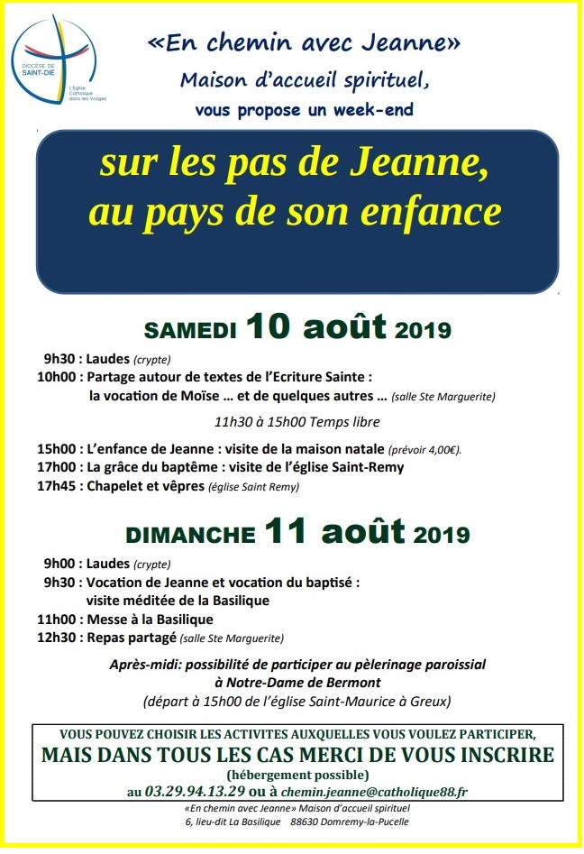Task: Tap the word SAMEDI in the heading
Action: [x=190, y=329]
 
